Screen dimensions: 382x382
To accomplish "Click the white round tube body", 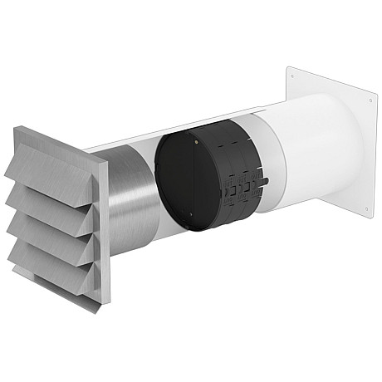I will coord(307,149).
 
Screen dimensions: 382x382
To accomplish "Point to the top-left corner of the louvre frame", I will coord(17,127).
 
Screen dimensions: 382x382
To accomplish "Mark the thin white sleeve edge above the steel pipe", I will coord(166,133).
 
